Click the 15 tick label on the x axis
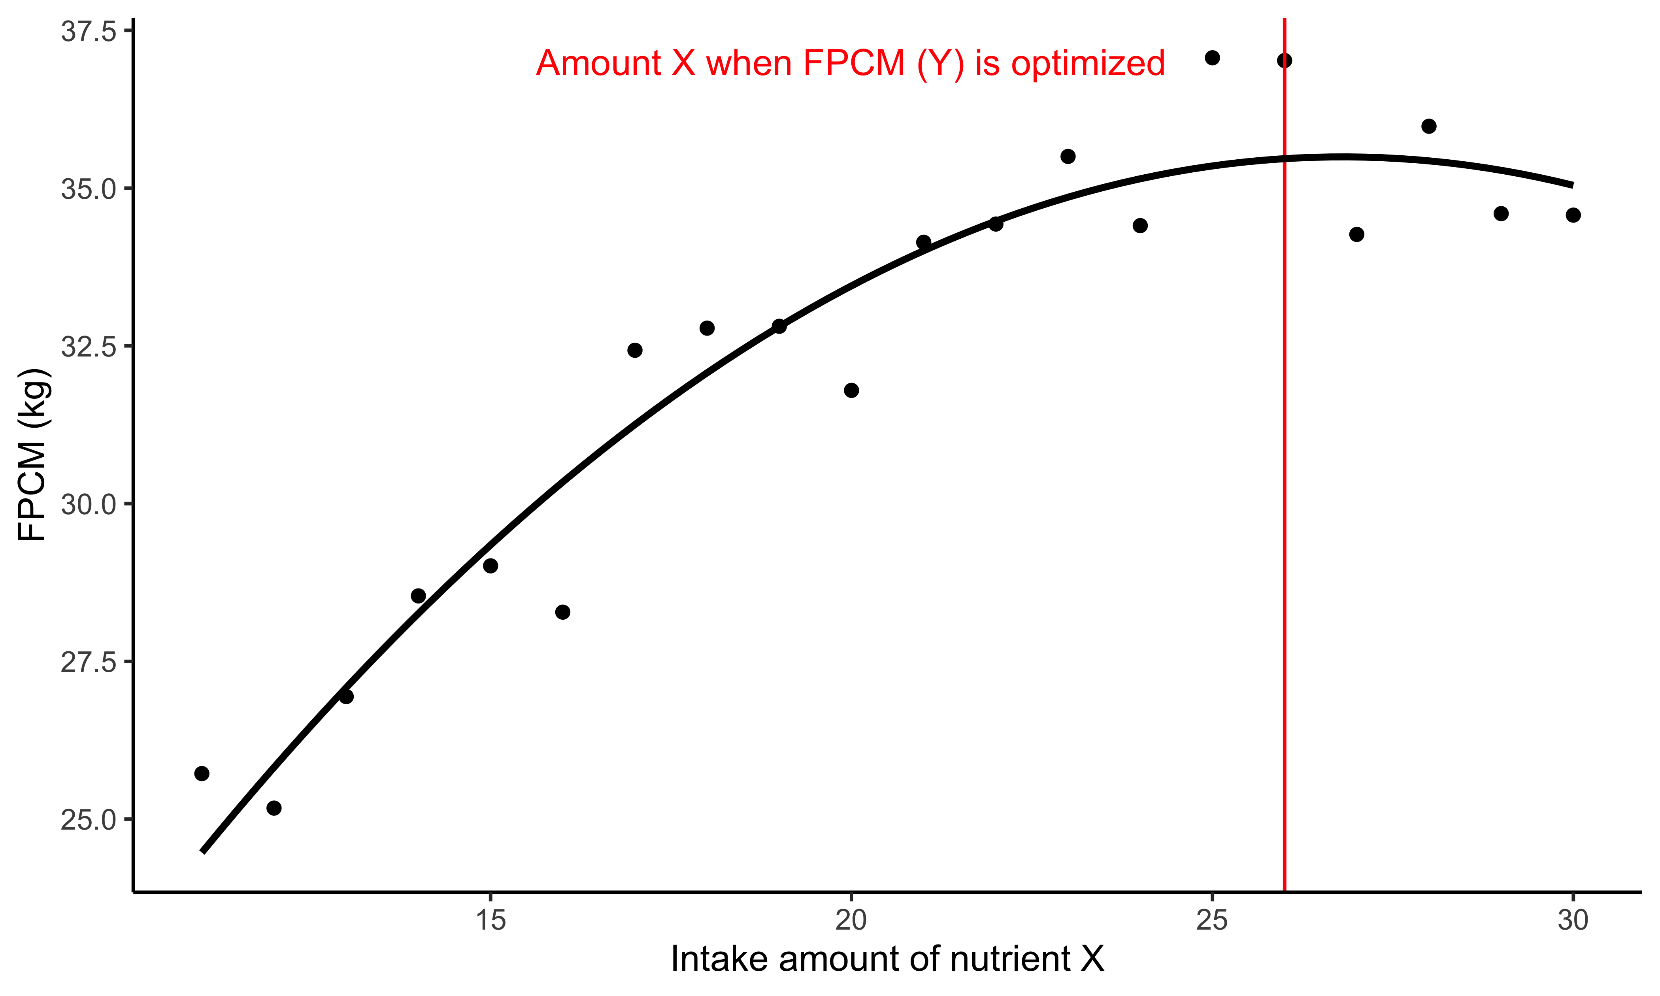click(x=490, y=920)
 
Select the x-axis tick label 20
click(x=851, y=920)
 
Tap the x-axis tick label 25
click(x=1212, y=920)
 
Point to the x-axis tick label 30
click(x=1573, y=920)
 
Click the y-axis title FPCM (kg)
click(x=32, y=455)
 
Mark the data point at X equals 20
click(x=851, y=390)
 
